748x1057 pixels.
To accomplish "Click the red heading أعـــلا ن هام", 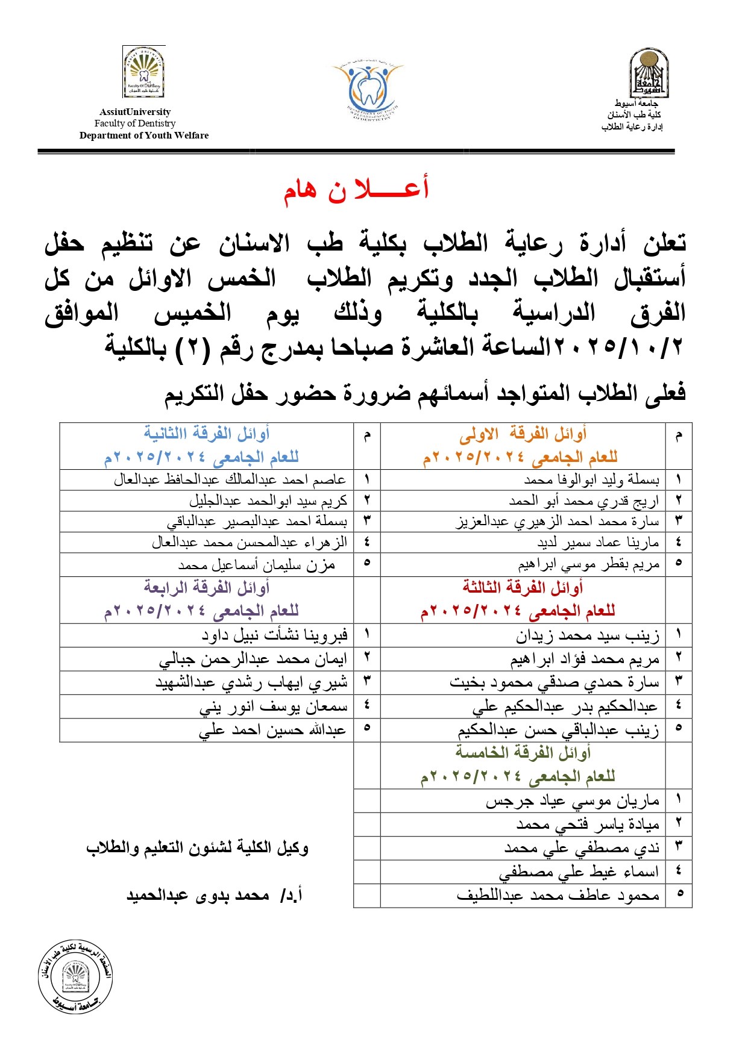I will [356, 189].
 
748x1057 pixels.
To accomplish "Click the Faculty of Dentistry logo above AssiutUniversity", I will [143, 73].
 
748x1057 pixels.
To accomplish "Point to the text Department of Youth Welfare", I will [144, 136].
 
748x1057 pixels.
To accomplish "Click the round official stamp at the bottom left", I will [75, 976].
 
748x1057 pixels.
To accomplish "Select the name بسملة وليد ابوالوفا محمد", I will [591, 480].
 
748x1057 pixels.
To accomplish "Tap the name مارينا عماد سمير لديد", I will [598, 543].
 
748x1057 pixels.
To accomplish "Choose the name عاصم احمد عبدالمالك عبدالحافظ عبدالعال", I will [230, 480].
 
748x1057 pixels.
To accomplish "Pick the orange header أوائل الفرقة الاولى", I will [523, 434].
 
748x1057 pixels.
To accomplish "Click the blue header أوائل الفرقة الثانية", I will [206, 434].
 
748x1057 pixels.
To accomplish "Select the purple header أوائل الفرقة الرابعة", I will [206, 587].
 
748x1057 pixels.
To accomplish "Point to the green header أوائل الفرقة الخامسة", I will [523, 753].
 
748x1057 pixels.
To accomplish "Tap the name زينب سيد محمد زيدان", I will [587, 635].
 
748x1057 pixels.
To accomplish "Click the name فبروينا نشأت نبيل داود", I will [274, 635].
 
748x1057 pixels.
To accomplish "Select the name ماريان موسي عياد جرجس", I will [573, 801].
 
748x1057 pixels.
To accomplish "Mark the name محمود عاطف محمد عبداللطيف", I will [558, 896].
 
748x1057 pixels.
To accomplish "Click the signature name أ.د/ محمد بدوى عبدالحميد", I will [215, 896].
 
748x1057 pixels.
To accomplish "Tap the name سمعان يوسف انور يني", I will [273, 706].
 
